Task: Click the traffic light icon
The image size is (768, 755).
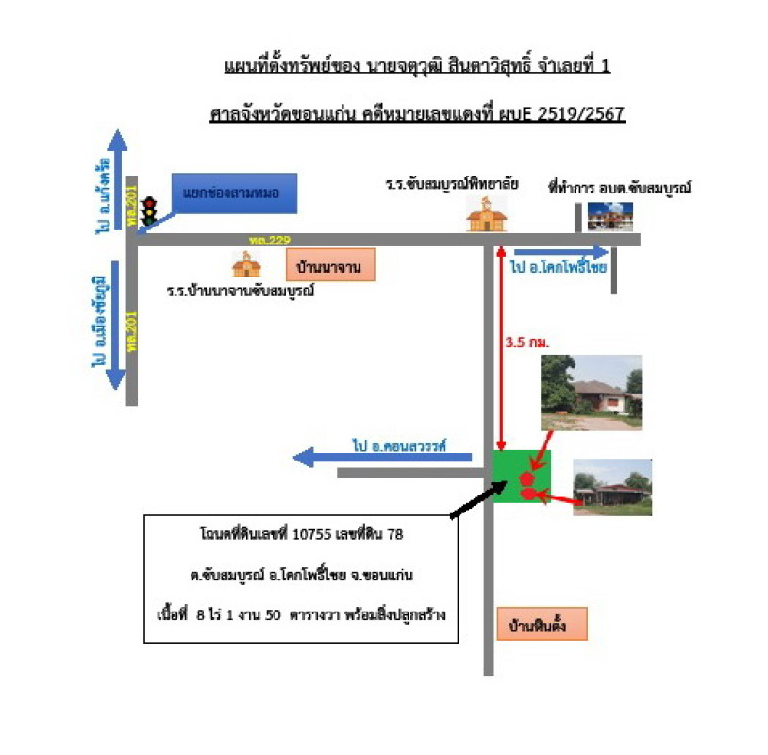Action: (x=146, y=212)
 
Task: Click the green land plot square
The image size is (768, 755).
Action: (x=522, y=477)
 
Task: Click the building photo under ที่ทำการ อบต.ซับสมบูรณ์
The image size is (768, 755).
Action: (x=609, y=216)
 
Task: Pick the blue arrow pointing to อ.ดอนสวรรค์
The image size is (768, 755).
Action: (x=382, y=458)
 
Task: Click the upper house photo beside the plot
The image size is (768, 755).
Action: (x=591, y=393)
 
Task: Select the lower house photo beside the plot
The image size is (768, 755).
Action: (x=611, y=487)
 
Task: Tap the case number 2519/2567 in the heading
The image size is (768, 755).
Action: (x=580, y=114)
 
